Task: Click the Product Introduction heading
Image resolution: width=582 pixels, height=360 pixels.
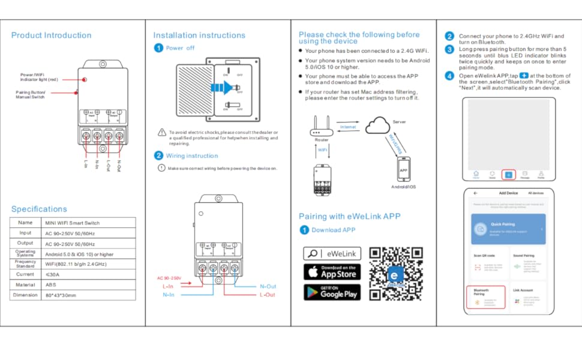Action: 51,35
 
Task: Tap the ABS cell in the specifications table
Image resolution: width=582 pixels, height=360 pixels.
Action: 52,284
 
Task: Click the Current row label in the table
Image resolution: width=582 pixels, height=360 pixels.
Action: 25,274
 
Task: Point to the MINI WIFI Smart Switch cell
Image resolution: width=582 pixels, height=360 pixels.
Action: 73,223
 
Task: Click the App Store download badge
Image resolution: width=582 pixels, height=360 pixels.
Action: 332,272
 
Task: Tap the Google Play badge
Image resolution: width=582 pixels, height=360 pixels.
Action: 332,292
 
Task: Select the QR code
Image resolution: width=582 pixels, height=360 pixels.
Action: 395,274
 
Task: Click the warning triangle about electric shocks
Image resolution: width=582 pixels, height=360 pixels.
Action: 162,132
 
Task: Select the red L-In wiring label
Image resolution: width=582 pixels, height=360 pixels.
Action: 169,286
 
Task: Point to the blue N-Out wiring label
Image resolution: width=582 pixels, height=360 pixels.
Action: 268,286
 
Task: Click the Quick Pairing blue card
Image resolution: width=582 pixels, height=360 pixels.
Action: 508,229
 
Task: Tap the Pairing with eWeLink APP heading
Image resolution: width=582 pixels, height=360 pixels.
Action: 349,217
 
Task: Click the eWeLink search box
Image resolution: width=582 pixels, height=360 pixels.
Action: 332,253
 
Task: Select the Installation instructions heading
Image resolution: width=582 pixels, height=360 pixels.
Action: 199,35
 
